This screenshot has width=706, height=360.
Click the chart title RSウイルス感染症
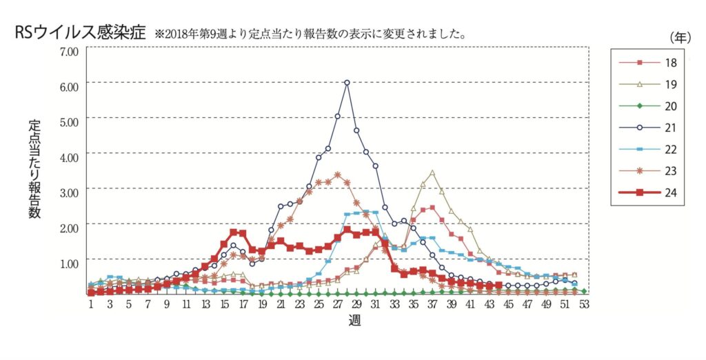click(x=80, y=33)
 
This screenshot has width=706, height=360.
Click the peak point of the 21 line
click(x=347, y=83)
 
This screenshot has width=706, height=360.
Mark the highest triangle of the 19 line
click(x=432, y=172)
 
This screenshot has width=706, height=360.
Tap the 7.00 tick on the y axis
click(x=70, y=51)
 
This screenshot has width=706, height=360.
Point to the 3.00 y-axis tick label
click(x=70, y=192)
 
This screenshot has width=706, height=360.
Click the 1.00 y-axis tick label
click(x=70, y=263)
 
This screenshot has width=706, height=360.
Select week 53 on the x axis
click(x=583, y=305)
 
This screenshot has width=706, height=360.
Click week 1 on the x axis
click(x=91, y=305)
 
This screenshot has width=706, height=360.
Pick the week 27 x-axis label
click(x=338, y=305)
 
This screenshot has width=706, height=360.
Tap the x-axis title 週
click(x=354, y=321)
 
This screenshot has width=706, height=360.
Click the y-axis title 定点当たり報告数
click(x=34, y=169)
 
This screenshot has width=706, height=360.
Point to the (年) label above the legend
click(x=680, y=38)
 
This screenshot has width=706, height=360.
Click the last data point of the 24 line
click(x=498, y=286)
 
